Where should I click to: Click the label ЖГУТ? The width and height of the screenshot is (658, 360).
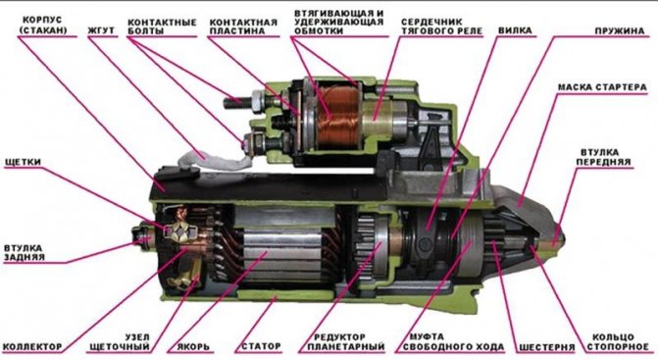(101, 30)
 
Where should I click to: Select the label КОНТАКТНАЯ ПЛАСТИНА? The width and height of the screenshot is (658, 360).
(243, 26)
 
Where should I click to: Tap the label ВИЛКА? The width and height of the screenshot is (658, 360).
(515, 30)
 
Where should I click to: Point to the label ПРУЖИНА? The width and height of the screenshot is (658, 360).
(620, 31)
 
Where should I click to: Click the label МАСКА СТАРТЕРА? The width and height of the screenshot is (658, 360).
(602, 87)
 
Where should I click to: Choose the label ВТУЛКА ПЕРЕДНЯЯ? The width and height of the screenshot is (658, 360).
(603, 157)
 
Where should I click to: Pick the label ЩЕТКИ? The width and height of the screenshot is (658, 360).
(23, 162)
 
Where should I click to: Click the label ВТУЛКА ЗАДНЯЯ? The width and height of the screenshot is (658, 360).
(24, 252)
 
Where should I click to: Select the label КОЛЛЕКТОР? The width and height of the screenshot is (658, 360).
(32, 347)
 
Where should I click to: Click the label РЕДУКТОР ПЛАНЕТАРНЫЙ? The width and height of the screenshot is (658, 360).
(346, 342)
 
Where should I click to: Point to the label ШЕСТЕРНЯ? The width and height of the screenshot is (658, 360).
(547, 347)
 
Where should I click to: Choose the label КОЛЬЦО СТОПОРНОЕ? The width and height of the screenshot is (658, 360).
(617, 342)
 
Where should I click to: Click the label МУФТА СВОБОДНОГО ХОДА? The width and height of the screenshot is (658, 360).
(453, 342)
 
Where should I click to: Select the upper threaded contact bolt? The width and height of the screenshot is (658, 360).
(244, 101)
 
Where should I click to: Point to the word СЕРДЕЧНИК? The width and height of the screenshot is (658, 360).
(431, 22)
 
